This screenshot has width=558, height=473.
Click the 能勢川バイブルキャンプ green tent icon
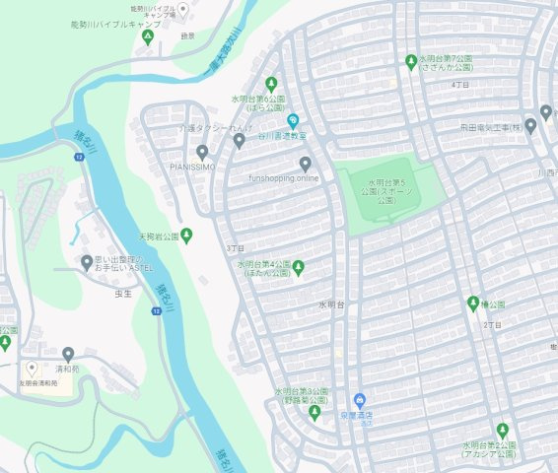point(148,37)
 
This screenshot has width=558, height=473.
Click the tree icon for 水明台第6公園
point(271,84)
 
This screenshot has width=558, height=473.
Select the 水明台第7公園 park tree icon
point(411,63)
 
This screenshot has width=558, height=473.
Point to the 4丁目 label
point(459,85)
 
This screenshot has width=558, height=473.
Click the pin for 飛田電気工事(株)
point(530,126)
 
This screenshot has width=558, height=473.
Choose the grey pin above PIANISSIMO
point(202,153)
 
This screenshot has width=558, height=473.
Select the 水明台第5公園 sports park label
point(386,190)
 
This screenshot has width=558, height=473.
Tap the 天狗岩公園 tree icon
point(187,236)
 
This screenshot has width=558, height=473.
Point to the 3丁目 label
point(235,247)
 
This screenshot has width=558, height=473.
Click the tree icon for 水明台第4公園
point(299,267)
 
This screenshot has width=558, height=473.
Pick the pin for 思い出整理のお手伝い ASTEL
point(87,261)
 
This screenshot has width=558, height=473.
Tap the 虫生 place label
point(123,293)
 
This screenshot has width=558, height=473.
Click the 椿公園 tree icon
point(472,304)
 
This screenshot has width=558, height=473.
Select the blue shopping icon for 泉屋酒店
point(359,401)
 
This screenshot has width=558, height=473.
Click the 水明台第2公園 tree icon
point(503,431)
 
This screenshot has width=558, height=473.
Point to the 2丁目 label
point(493,324)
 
